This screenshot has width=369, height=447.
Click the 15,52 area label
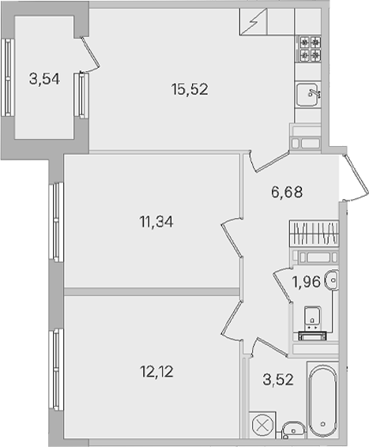[190, 89]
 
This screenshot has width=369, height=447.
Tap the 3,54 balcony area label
[44, 79]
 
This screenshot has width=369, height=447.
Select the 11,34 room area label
[156, 222]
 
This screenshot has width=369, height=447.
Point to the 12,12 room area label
[156, 372]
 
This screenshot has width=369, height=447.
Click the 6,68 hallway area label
[287, 192]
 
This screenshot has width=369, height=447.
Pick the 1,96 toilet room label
[307, 282]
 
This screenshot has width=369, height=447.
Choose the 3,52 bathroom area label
[278, 380]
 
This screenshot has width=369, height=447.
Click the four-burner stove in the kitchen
[310, 49]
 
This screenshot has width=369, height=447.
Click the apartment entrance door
[356, 178]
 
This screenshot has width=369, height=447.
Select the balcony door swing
[91, 54]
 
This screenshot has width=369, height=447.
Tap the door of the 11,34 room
[232, 239]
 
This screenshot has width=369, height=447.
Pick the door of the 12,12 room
[232, 320]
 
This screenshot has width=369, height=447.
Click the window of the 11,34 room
[56, 222]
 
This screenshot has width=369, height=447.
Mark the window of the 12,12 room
[56, 370]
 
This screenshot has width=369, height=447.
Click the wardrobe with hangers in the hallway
[314, 233]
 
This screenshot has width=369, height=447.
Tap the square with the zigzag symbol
[253, 21]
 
